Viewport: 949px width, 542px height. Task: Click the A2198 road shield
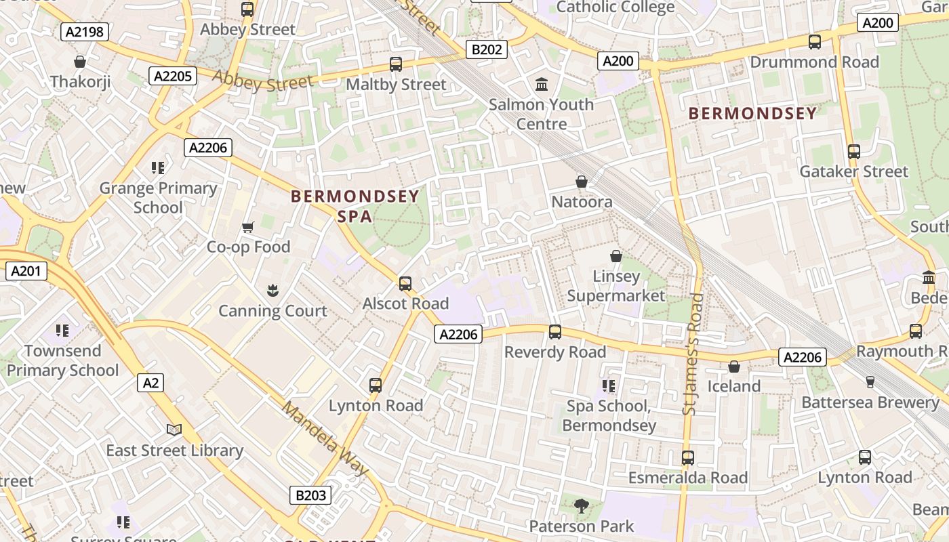pos(85,31)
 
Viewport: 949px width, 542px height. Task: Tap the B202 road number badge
pos(487,49)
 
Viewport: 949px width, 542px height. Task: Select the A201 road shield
pos(26,272)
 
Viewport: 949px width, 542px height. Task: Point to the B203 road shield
pos(311,495)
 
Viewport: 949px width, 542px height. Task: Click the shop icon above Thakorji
pos(80,62)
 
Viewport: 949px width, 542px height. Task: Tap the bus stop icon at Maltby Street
pos(396,64)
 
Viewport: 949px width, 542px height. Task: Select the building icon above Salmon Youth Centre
pos(542,85)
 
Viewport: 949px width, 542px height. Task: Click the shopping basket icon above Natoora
pos(582,182)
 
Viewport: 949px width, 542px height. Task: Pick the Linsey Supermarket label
pos(616,286)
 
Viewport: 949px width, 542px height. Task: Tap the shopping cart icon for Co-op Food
pos(248,227)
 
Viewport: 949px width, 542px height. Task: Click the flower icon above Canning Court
pos(272,291)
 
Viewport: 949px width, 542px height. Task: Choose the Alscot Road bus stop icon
pos(405,283)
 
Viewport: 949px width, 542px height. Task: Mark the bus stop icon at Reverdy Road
pos(555,332)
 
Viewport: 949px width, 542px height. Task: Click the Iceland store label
pos(734,386)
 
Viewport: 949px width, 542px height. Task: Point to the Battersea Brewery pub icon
pos(870,382)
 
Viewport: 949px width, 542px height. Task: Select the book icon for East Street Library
pos(174,430)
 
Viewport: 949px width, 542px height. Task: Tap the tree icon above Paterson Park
pos(581,505)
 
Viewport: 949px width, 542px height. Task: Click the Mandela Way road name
pos(325,438)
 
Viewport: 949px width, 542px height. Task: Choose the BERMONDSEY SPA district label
pos(355,206)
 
